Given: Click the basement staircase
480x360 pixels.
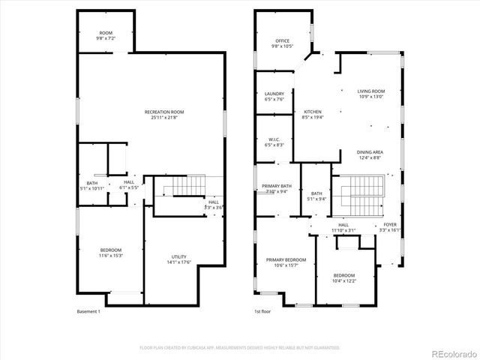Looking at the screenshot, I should pos(187,185).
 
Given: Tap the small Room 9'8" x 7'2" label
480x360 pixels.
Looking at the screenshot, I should pos(106,34).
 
